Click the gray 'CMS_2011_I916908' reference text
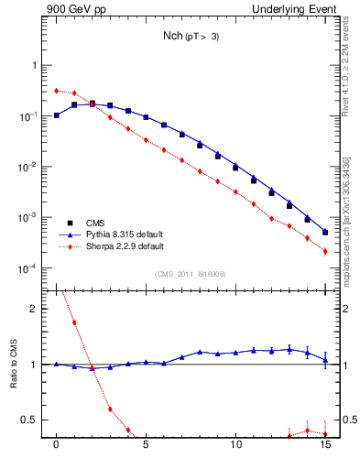coord(190,273)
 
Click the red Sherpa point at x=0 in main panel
coord(57,91)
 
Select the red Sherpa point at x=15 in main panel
coord(325,251)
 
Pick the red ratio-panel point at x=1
coord(74,322)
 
